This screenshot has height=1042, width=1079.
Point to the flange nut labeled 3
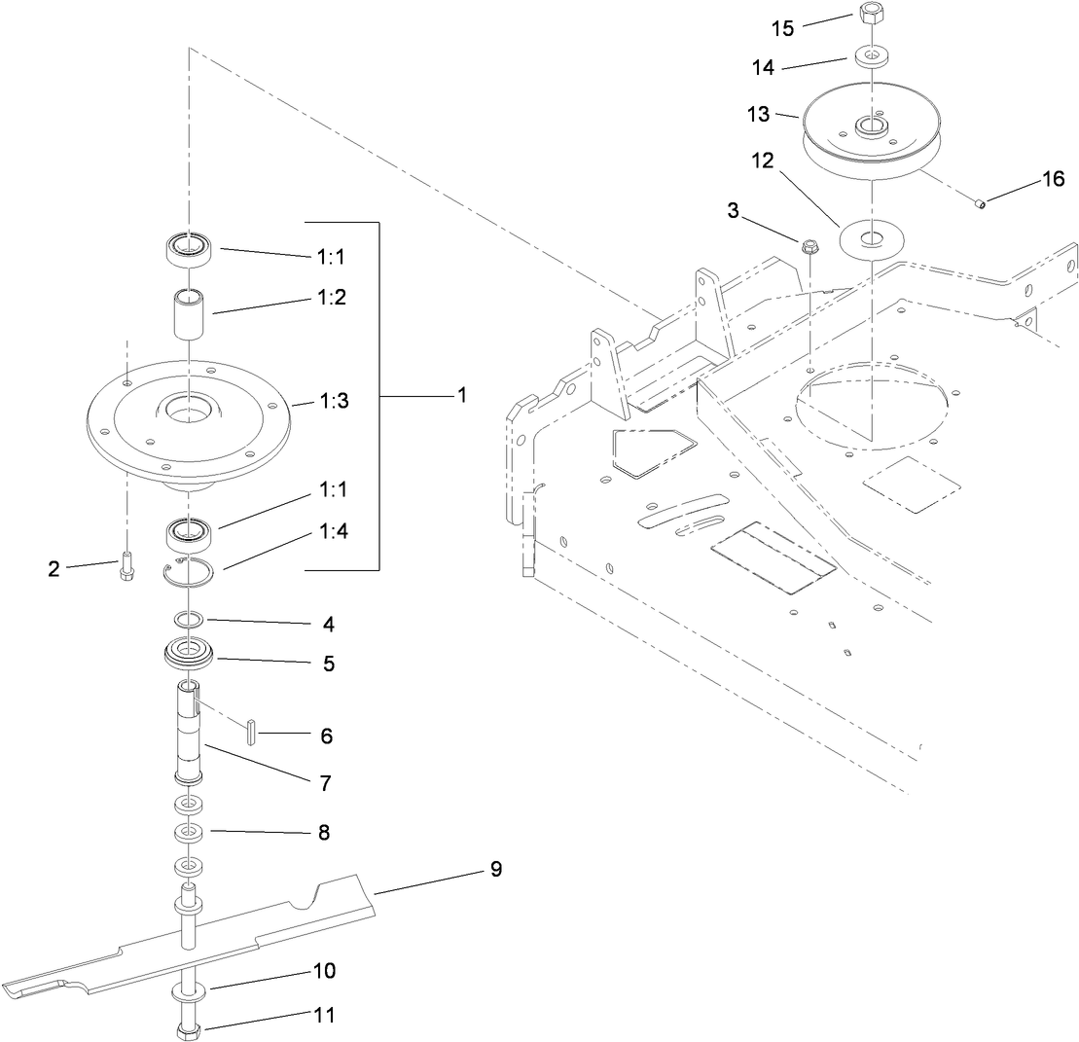(x=809, y=248)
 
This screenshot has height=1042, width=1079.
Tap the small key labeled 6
(x=251, y=730)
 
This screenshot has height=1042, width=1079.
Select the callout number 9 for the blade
(x=495, y=869)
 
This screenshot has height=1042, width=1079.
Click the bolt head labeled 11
(x=188, y=1029)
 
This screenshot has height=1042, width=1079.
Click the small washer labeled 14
(x=869, y=55)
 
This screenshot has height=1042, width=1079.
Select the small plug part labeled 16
(x=982, y=203)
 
